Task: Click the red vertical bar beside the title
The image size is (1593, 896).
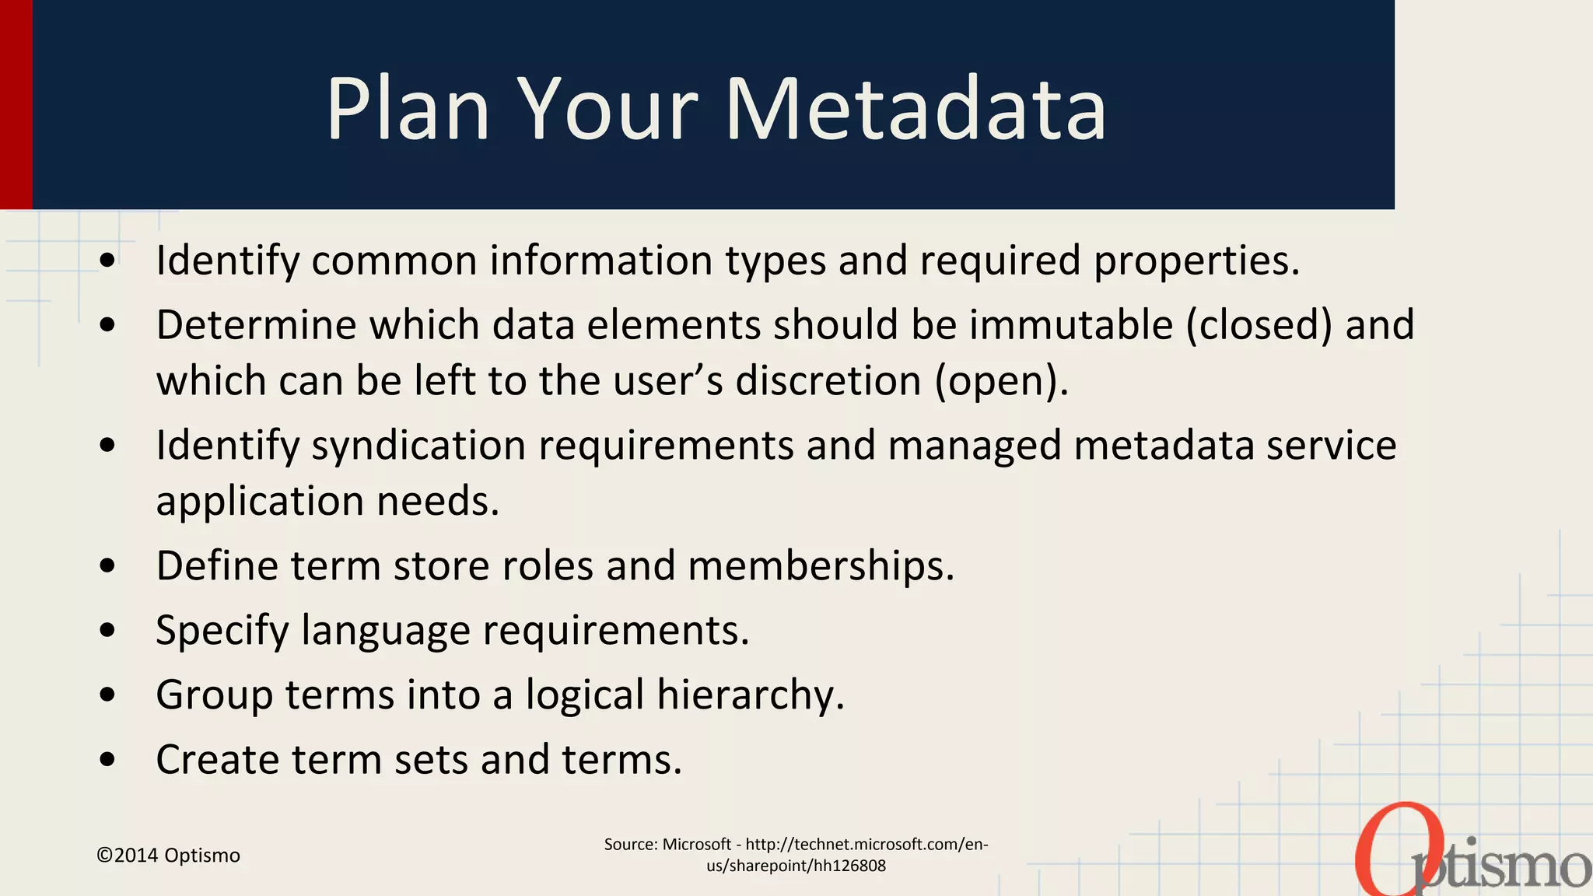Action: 16,104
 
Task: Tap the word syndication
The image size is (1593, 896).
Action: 418,446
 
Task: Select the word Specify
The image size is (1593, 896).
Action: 222,630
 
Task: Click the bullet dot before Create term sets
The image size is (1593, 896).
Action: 108,759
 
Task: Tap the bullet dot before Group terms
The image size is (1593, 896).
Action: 108,695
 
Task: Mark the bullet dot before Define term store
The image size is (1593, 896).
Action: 108,565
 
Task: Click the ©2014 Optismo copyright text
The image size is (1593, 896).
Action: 168,856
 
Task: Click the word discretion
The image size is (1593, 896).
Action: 828,381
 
